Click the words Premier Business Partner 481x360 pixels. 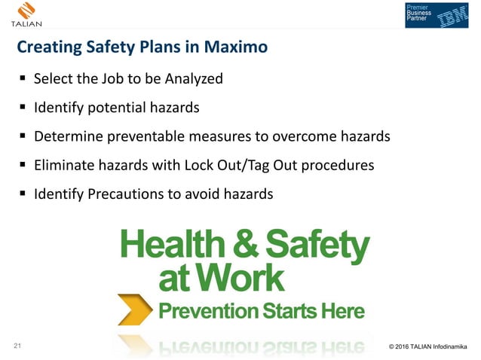(418, 14)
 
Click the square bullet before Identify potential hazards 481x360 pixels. (23, 107)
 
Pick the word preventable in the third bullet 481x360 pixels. (146, 136)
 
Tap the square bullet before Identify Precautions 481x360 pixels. (23, 194)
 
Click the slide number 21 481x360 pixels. (19, 346)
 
